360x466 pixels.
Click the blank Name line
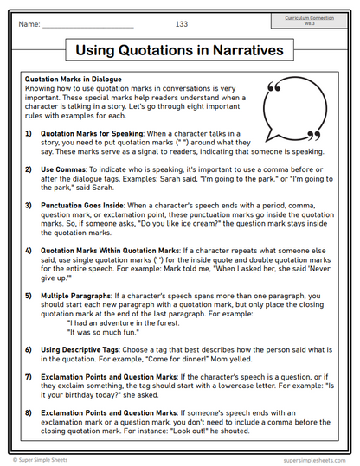(x=87, y=26)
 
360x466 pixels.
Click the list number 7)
(x=29, y=376)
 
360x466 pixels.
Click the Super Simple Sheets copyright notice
(x=49, y=459)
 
